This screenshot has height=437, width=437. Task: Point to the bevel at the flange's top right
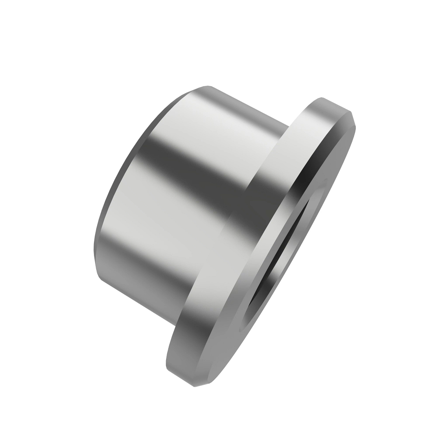350,120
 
